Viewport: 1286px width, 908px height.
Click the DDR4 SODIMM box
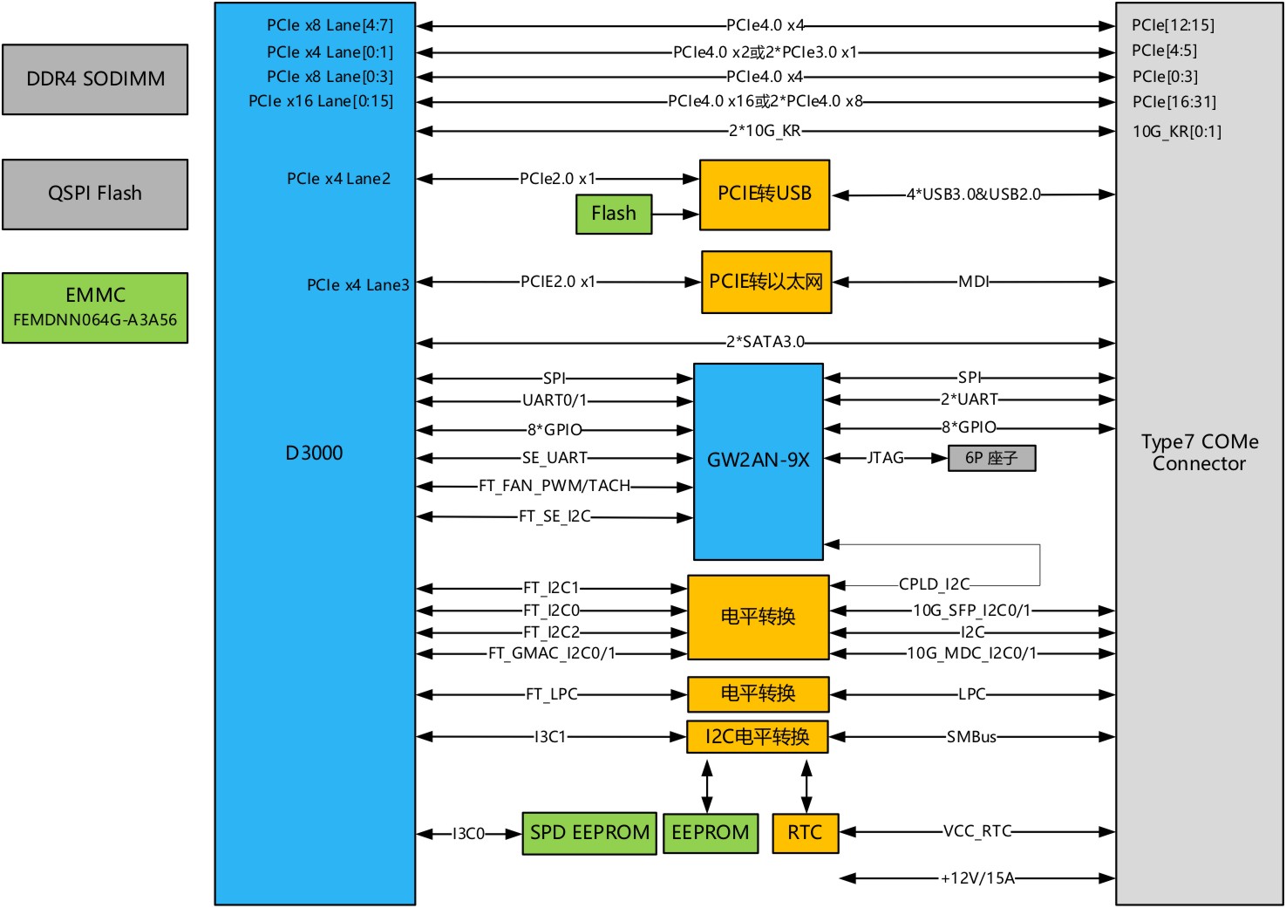coord(95,79)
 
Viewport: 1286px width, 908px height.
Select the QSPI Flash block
coord(95,194)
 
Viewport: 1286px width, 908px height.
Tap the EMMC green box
coord(95,307)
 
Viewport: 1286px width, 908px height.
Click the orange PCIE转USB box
coord(764,195)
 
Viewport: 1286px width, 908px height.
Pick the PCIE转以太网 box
coord(766,282)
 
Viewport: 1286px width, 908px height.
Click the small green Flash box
coord(614,214)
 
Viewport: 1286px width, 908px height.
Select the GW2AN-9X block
coord(758,461)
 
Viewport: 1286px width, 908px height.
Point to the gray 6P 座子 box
coord(991,458)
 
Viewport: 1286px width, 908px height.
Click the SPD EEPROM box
coord(589,833)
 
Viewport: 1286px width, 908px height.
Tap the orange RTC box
coord(805,833)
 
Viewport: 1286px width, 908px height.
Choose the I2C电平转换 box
coord(757,737)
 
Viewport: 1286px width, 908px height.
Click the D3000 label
coord(314,453)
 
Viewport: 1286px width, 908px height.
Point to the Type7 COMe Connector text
coord(1199,453)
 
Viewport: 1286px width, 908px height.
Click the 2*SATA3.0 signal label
coord(765,342)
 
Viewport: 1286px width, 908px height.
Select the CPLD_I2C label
coord(934,584)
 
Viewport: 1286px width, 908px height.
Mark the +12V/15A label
coord(977,878)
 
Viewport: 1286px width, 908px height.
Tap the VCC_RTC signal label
coord(977,831)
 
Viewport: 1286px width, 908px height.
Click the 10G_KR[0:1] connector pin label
coord(1176,132)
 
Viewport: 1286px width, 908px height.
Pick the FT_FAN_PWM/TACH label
coord(554,486)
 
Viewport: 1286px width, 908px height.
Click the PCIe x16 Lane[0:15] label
coord(321,101)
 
